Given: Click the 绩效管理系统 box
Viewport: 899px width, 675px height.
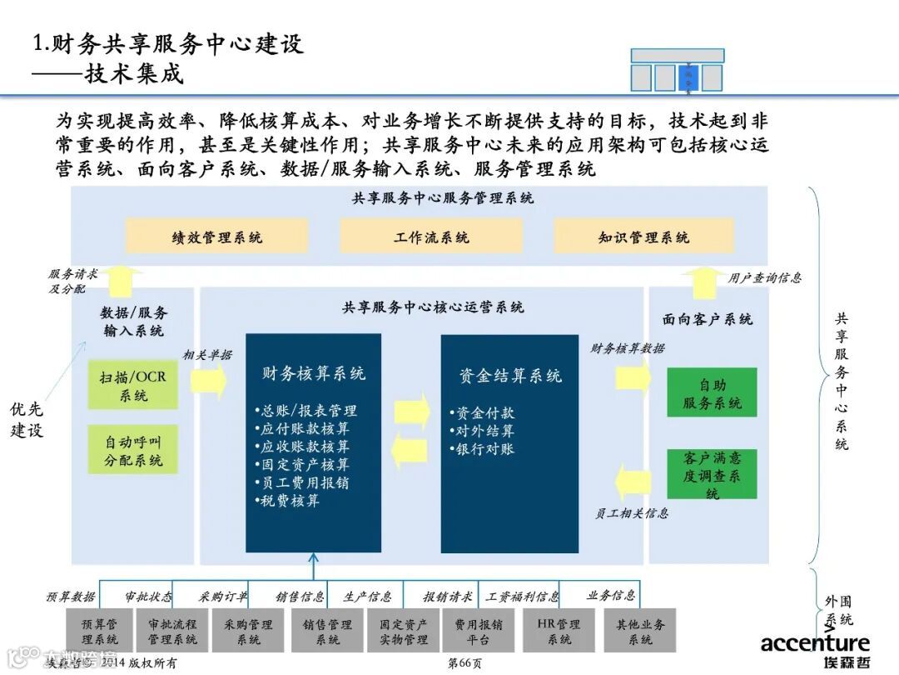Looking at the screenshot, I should tap(216, 237).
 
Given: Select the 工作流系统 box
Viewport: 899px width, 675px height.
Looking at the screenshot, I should tap(430, 237).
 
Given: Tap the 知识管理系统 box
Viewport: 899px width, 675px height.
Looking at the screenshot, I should tap(643, 237).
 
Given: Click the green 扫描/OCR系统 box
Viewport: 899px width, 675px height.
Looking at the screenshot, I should tap(133, 386).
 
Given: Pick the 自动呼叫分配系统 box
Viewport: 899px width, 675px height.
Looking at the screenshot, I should tap(133, 450).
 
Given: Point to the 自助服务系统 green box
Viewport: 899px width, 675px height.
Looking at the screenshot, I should tap(712, 393).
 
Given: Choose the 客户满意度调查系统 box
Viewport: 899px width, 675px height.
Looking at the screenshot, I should tap(712, 475).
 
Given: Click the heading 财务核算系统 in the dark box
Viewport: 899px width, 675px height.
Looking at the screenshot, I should tap(313, 373).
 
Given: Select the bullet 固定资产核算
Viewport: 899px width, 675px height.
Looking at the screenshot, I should tap(305, 465).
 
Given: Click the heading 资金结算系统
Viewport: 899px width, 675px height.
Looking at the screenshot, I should tap(509, 376).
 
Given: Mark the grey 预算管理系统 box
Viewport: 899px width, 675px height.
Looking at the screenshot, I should tap(98, 631).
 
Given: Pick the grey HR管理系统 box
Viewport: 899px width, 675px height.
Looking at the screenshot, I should tap(559, 631).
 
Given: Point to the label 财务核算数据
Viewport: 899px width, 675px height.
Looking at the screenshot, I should tap(628, 349).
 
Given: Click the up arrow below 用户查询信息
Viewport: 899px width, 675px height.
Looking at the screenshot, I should tap(707, 282).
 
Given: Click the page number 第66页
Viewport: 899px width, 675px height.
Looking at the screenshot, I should tap(464, 664).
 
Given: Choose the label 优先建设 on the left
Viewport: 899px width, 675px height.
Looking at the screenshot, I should tap(27, 419).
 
